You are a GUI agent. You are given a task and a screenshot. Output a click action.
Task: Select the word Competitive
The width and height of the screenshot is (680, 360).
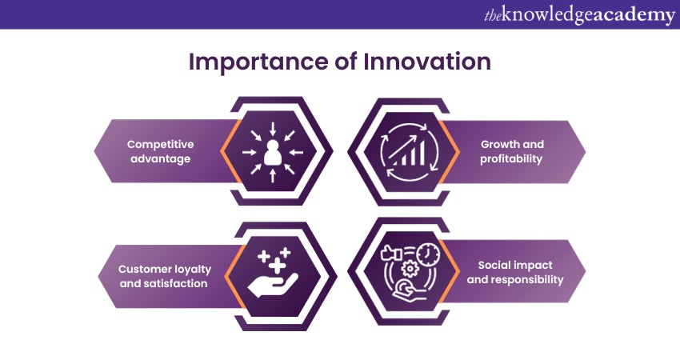160,145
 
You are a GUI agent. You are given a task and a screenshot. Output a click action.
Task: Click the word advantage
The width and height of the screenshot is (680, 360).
160,159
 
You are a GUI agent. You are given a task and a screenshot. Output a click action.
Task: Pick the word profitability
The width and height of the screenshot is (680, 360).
512,159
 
